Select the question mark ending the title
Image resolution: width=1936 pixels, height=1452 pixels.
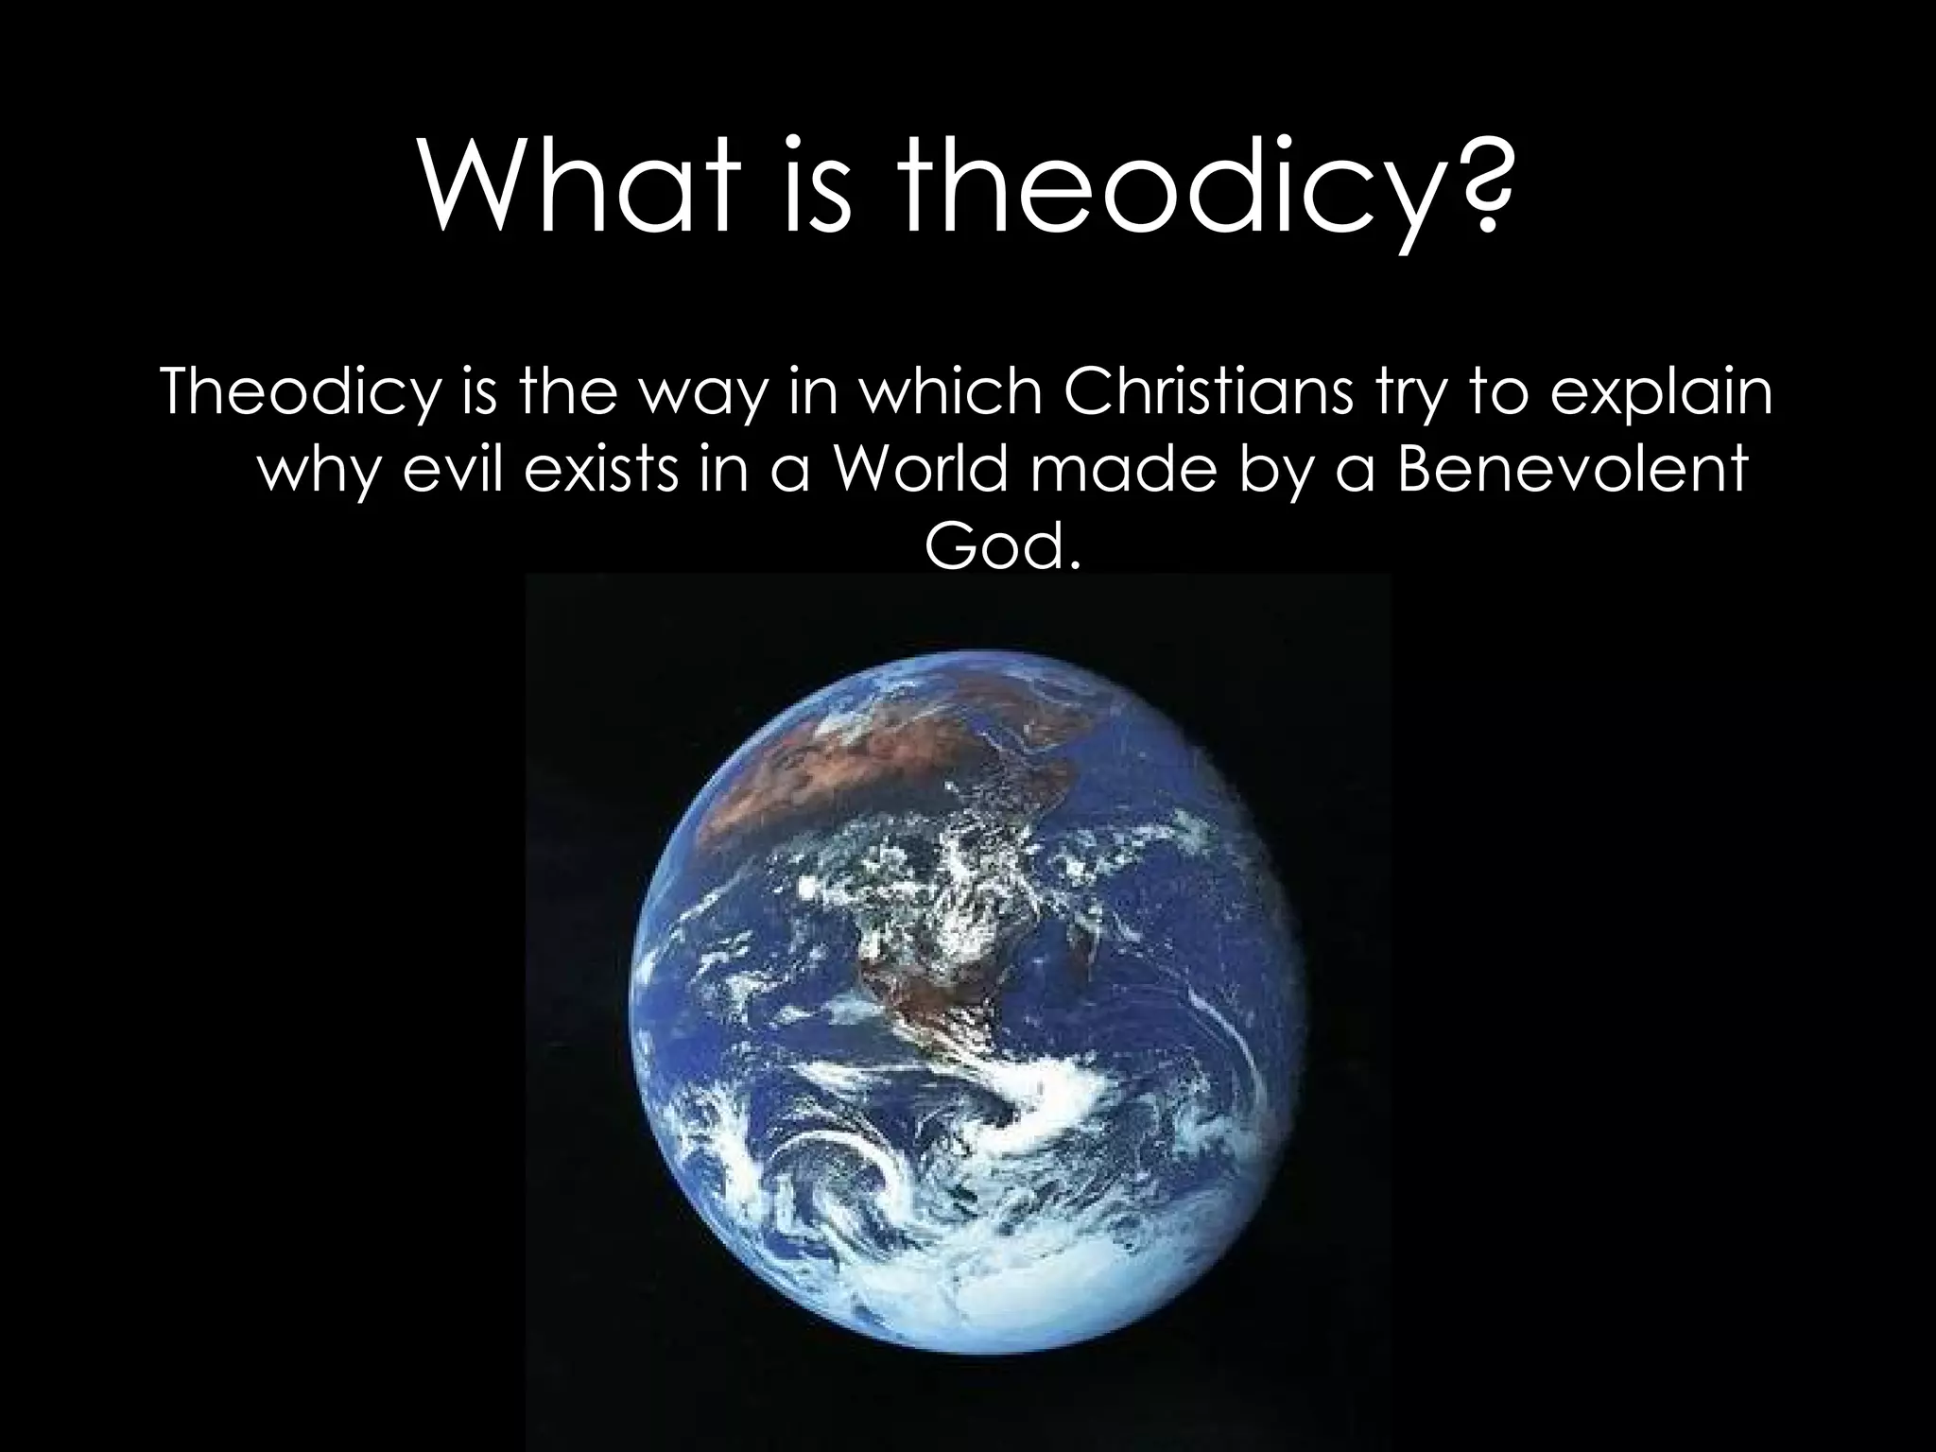[x=1475, y=180]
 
